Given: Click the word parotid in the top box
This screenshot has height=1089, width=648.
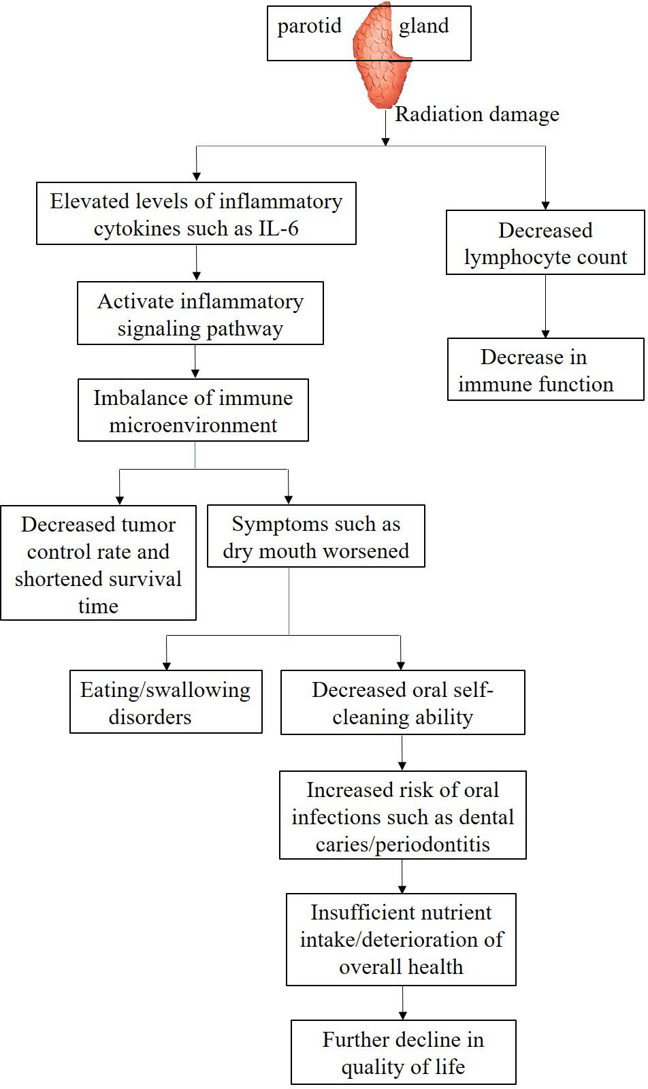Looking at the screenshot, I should (x=309, y=26).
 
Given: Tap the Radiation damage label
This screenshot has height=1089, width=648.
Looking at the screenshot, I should (x=476, y=114).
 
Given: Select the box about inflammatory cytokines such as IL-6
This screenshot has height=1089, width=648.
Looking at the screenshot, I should (x=196, y=214).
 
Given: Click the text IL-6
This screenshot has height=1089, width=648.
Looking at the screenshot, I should (x=278, y=229).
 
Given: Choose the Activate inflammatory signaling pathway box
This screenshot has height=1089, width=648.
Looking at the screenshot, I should (x=200, y=314).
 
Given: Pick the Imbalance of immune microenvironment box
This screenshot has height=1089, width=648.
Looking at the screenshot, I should (x=193, y=410).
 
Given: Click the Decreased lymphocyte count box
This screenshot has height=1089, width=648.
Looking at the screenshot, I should (x=545, y=243).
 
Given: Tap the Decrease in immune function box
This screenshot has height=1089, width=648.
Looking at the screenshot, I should (x=545, y=370).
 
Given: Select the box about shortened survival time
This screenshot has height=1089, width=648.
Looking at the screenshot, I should (x=98, y=563).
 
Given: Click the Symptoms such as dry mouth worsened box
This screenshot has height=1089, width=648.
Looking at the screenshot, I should (x=316, y=536).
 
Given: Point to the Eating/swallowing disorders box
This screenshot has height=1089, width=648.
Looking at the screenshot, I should (x=165, y=702).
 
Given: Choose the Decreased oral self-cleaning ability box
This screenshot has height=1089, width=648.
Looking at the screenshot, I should (x=402, y=702).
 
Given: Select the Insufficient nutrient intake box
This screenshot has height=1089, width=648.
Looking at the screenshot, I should (x=401, y=940).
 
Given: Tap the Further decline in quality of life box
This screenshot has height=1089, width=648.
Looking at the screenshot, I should (x=403, y=1052).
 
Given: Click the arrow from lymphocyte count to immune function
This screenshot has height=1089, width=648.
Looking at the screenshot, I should (x=545, y=306).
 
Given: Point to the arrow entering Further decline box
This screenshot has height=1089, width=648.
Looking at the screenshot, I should (x=402, y=1003).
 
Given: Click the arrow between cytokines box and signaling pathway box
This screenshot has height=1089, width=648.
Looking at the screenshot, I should (x=196, y=263).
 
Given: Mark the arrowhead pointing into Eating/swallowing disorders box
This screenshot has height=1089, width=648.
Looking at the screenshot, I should (x=166, y=665).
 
